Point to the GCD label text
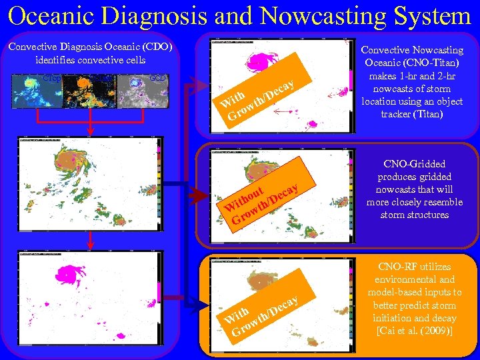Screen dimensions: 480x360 (158, 78)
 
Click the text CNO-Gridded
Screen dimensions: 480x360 (415, 164)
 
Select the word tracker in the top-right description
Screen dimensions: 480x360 (392, 114)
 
